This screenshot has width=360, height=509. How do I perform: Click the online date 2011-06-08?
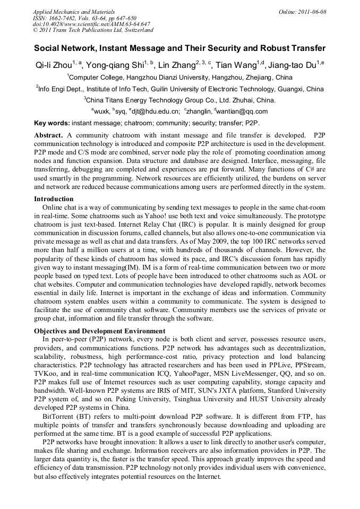coord(312,11)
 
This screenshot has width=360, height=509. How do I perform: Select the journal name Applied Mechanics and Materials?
coord(74,11)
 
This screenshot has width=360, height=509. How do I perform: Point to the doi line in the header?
coord(91,24)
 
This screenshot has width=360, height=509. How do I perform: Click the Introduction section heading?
coord(54,199)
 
